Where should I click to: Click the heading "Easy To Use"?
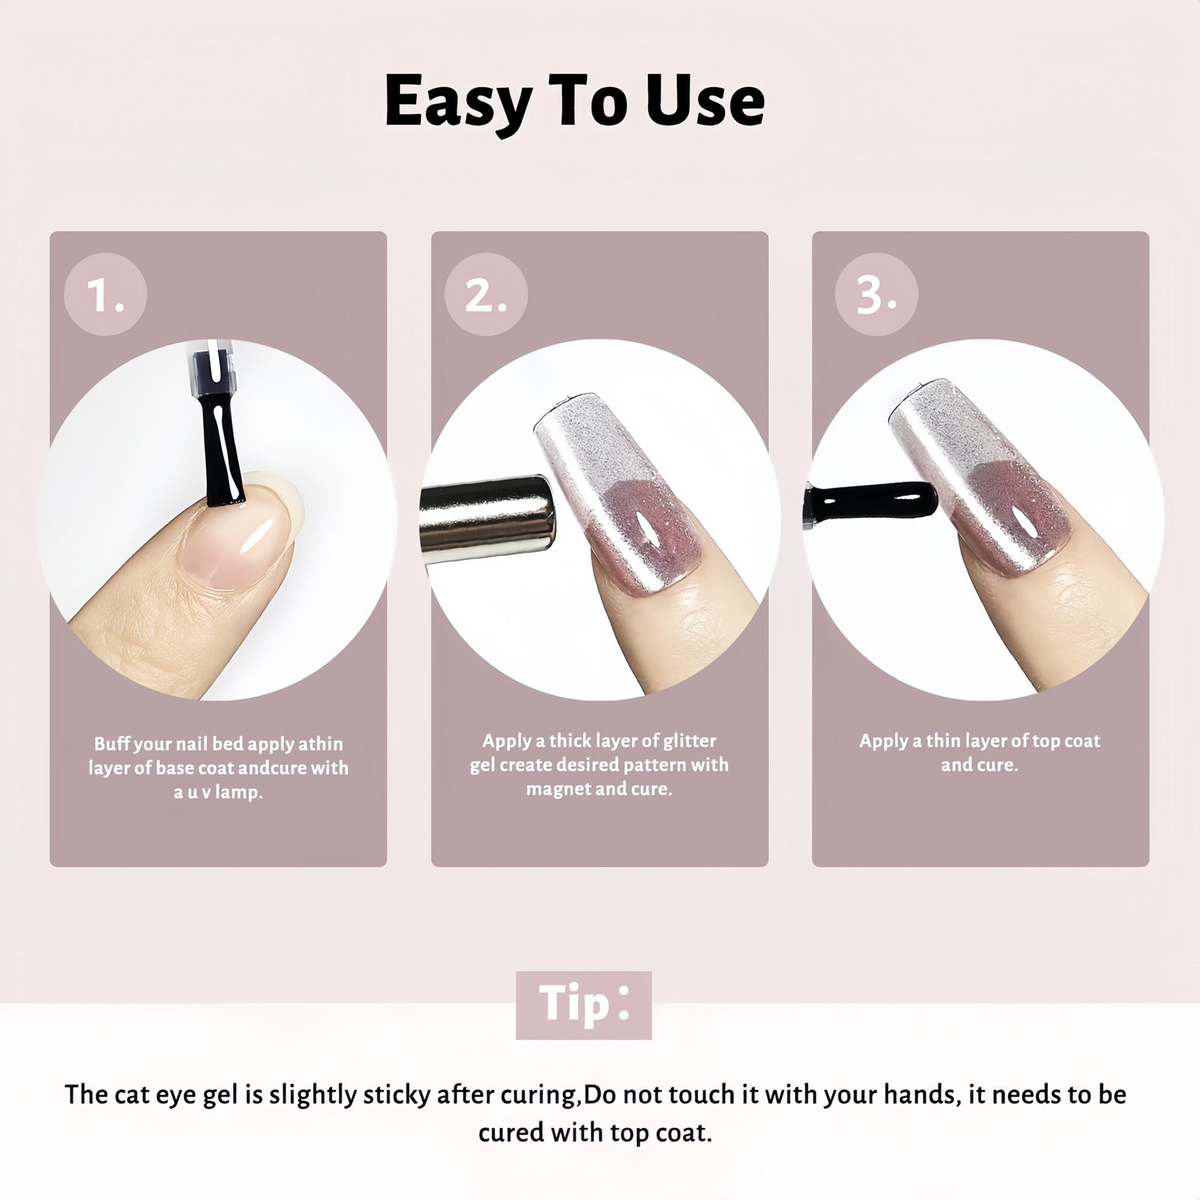click(574, 103)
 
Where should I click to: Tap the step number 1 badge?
click(105, 294)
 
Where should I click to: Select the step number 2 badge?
click(486, 294)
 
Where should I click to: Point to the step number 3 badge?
click(876, 294)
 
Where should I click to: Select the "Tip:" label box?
click(583, 1005)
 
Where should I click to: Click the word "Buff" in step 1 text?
click(111, 744)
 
